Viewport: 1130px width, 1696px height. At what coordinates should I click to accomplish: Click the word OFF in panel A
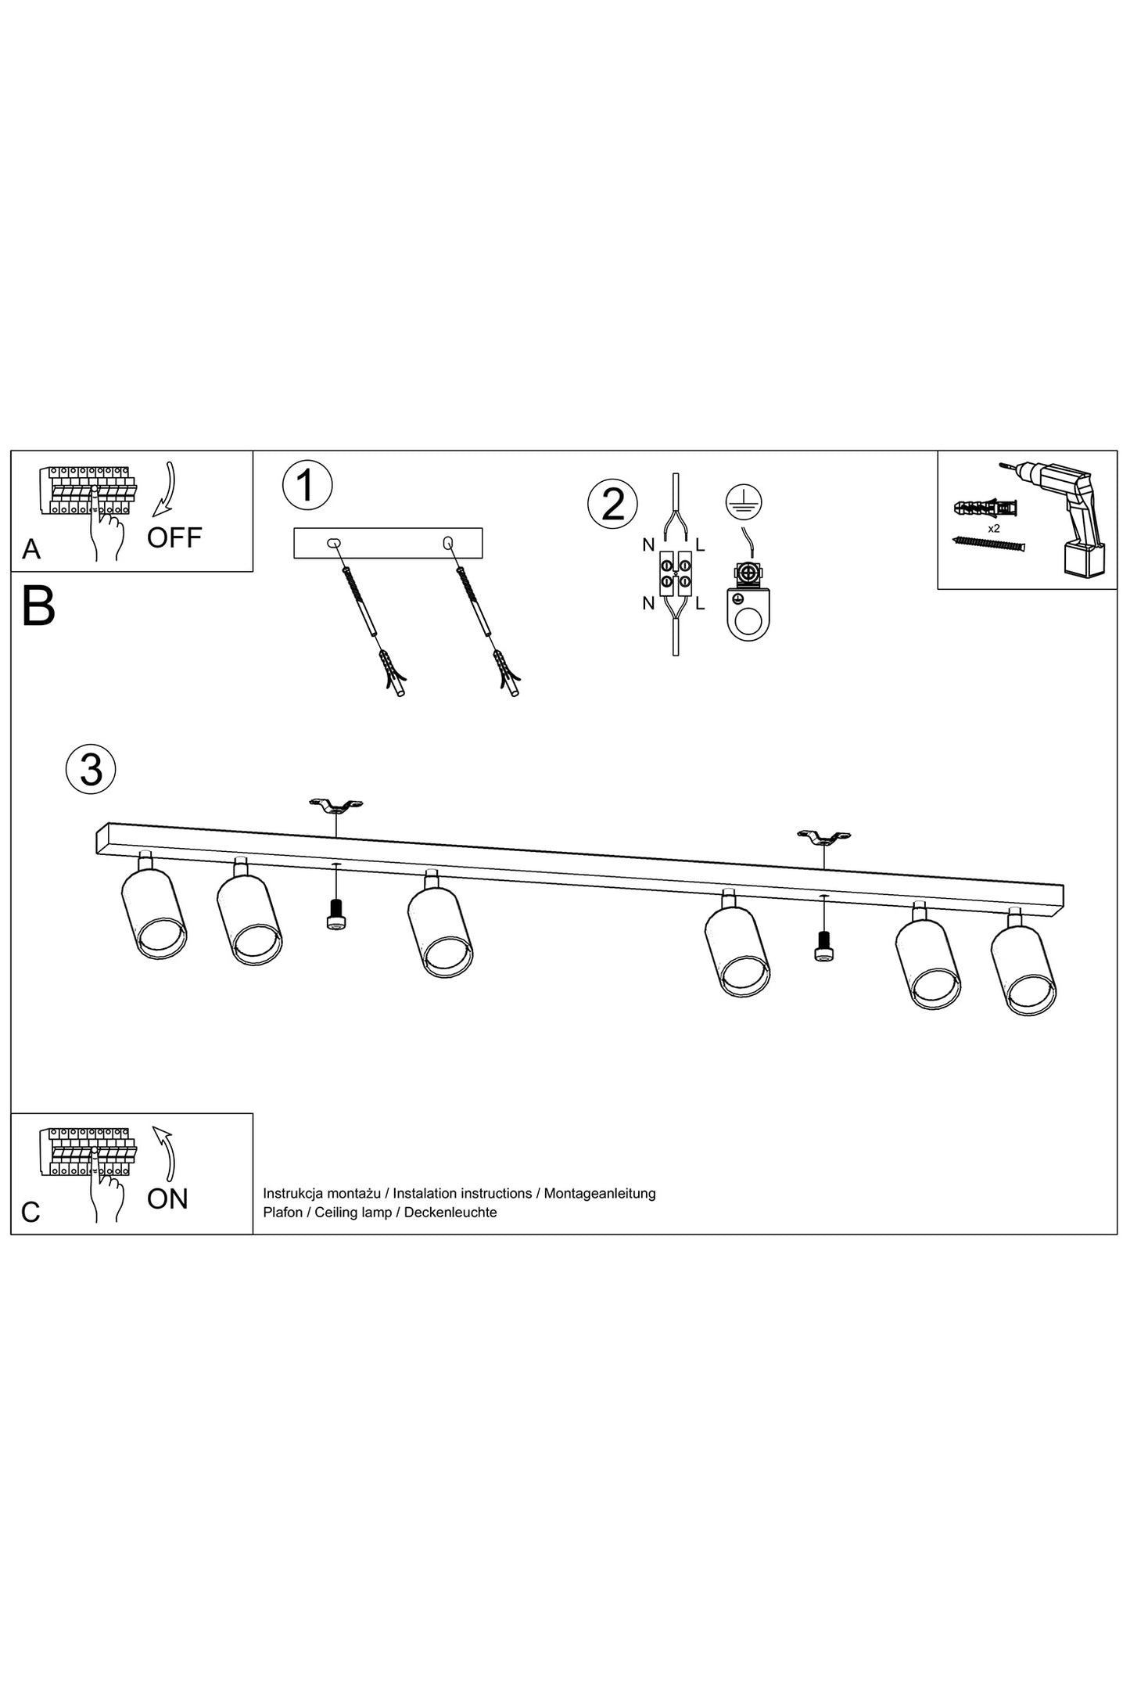click(174, 537)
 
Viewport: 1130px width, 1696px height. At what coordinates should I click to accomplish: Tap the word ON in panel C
click(167, 1198)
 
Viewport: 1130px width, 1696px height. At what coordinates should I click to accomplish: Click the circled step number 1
click(307, 485)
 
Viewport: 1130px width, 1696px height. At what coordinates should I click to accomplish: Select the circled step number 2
click(612, 505)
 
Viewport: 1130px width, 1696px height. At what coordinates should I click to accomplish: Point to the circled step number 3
click(91, 769)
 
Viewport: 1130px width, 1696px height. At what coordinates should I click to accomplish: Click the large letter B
click(38, 606)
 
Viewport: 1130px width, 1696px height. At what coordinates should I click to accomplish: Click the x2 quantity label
click(994, 528)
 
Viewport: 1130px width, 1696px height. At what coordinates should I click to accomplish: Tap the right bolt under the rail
click(822, 946)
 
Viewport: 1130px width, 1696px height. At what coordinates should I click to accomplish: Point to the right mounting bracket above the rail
click(823, 838)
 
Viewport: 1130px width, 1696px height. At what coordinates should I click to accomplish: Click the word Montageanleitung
click(600, 1193)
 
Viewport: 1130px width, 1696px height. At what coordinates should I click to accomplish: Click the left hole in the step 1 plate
click(332, 542)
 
